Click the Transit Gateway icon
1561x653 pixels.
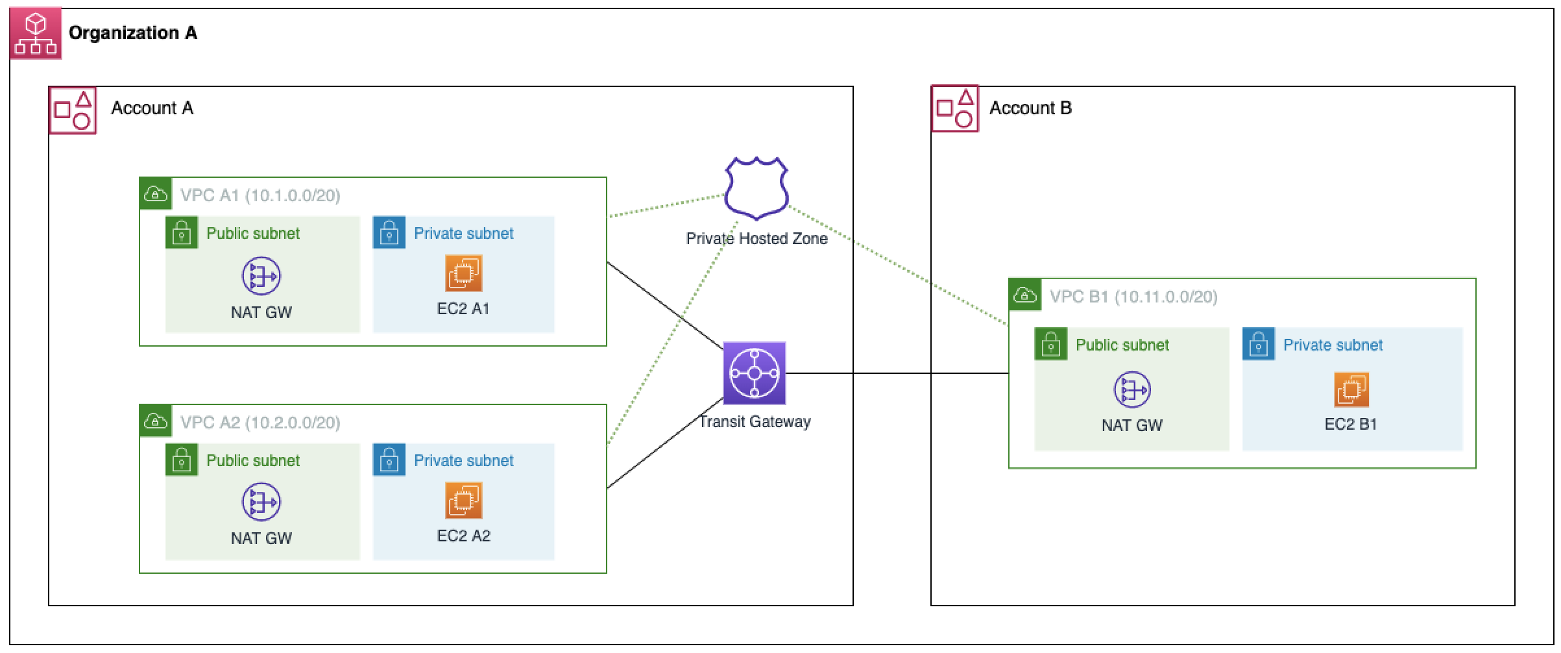(x=754, y=373)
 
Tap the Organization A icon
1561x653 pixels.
(x=36, y=33)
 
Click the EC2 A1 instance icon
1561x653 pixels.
(x=463, y=273)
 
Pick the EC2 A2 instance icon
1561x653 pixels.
(x=463, y=500)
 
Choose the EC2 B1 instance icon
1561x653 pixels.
(x=1351, y=389)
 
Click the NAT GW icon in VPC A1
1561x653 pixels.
(x=261, y=276)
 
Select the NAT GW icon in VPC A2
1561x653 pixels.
(x=261, y=502)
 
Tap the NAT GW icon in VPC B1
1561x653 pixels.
(x=1131, y=389)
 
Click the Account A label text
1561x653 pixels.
(x=152, y=108)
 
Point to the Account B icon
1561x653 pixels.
(x=955, y=109)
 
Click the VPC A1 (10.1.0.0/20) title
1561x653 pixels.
(x=260, y=195)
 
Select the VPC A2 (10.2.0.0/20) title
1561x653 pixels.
(x=260, y=423)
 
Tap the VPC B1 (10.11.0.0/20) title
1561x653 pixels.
(x=1133, y=297)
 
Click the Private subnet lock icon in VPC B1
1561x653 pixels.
(x=1258, y=344)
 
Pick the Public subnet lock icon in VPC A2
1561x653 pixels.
(x=181, y=460)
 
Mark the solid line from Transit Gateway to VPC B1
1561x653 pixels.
(x=895, y=373)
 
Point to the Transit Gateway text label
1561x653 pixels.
(x=755, y=422)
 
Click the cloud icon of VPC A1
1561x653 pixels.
(x=156, y=193)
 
